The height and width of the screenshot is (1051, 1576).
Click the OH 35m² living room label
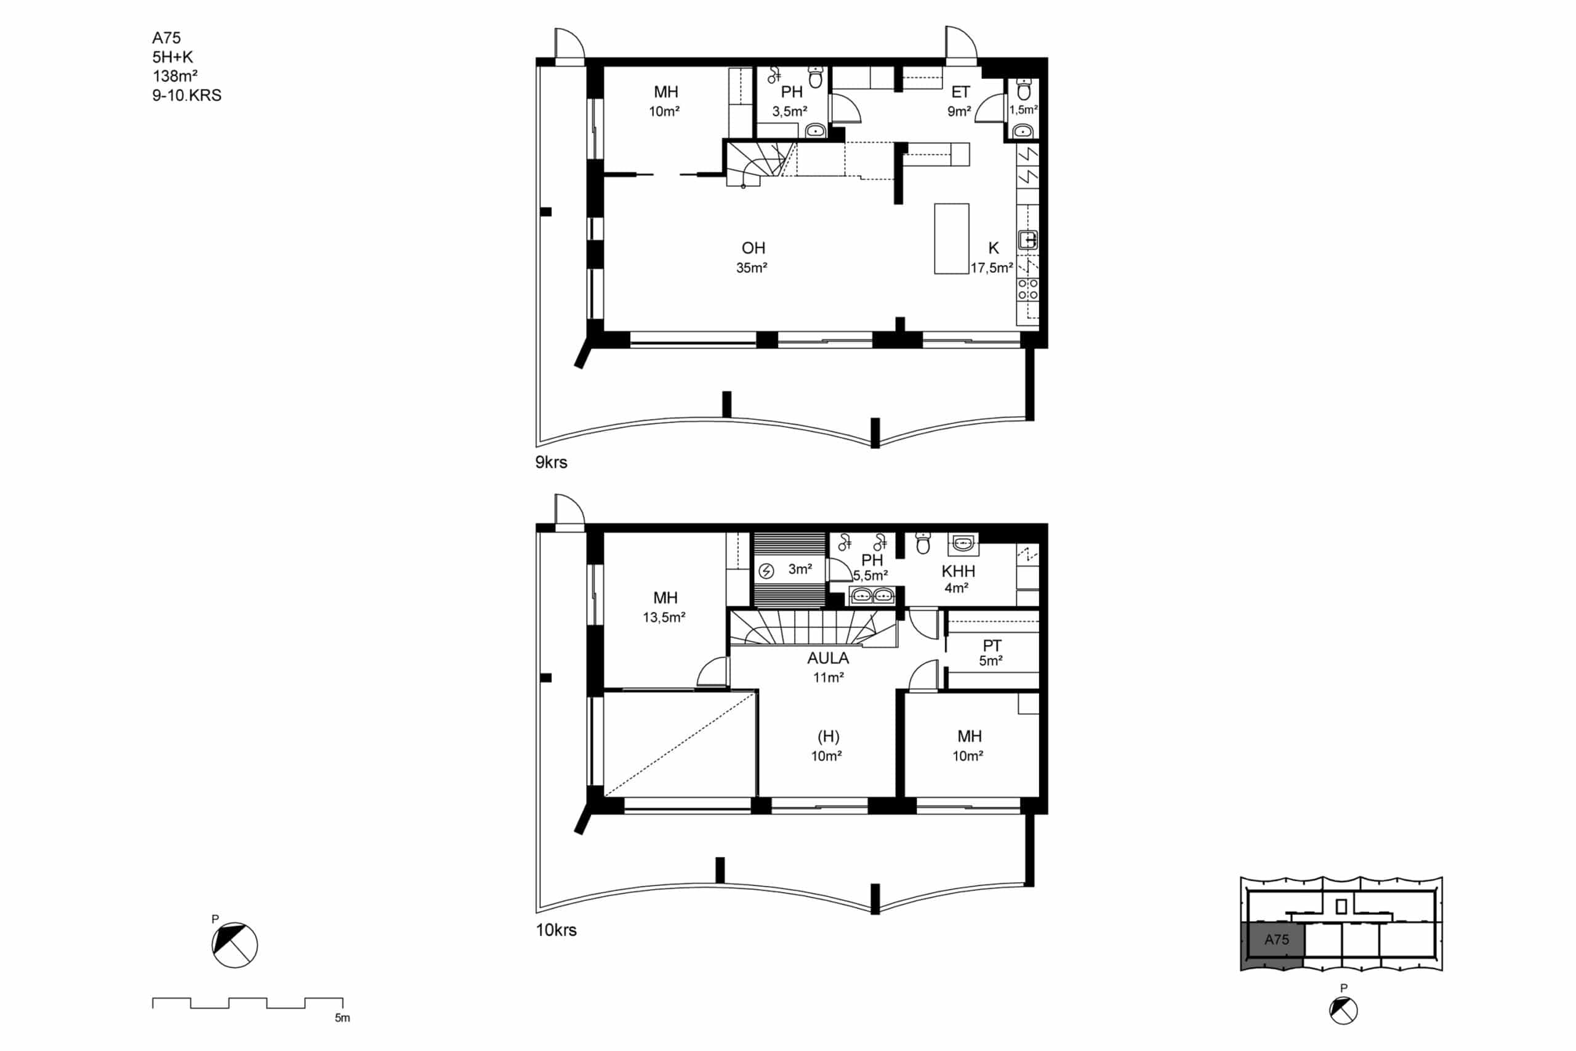752,257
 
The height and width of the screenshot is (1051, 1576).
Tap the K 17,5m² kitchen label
992,257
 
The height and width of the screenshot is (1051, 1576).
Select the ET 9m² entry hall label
960,101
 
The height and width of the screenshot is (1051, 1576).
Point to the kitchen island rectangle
952,239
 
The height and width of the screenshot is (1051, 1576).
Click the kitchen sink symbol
1028,240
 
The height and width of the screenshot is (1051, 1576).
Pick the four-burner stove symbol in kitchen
1028,289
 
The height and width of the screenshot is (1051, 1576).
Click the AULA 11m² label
828,667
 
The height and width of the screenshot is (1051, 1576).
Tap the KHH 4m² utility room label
957,579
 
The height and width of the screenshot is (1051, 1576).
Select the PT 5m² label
991,653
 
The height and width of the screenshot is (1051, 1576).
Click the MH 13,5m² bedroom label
665,606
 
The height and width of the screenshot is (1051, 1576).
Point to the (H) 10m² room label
827,746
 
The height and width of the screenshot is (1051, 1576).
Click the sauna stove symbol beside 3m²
766,571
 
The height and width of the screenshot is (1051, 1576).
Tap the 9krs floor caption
551,462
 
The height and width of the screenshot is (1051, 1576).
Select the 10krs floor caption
556,930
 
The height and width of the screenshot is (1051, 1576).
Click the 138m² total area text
175,76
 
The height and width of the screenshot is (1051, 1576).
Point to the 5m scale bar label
342,1018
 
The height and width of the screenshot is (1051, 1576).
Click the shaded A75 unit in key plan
1272,945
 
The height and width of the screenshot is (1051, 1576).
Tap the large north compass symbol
235,945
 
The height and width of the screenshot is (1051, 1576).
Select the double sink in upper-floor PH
872,595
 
